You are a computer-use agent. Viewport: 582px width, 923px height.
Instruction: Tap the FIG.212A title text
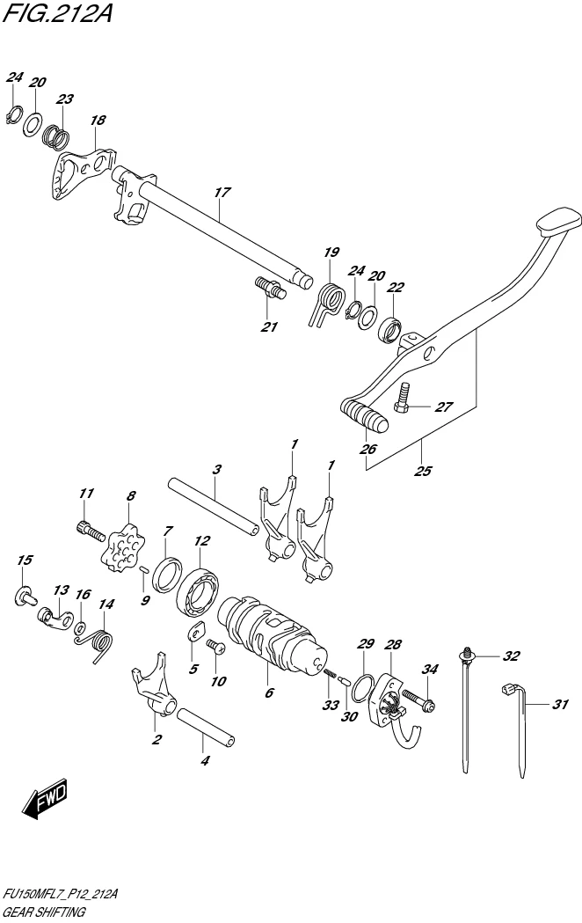tap(57, 15)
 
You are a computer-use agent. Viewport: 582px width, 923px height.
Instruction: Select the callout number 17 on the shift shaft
tap(221, 192)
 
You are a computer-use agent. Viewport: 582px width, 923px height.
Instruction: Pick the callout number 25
tap(422, 471)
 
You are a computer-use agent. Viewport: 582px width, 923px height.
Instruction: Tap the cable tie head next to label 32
tap(464, 654)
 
